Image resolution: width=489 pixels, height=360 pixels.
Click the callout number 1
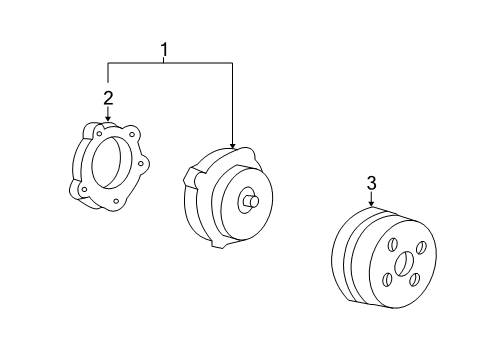click(164, 50)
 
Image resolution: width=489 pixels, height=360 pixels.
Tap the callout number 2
click(108, 98)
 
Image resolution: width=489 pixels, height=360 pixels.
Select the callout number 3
click(372, 183)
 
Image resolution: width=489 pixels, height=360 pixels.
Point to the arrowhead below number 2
click(108, 117)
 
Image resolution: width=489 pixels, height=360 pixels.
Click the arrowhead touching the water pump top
click(232, 145)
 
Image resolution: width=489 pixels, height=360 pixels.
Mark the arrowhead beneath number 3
click(371, 203)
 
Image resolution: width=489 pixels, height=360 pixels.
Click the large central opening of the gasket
click(107, 161)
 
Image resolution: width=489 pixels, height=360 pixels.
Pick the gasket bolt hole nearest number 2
click(99, 133)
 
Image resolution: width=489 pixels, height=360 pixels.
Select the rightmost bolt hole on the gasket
click(140, 163)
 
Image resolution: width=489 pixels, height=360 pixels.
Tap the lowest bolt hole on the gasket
click(116, 201)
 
